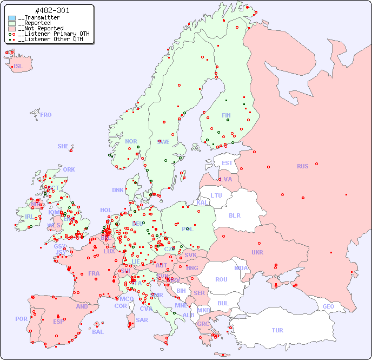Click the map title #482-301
(52, 11)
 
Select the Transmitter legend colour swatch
(12, 18)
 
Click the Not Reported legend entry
(41, 28)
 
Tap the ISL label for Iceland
(18, 67)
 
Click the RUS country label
(302, 166)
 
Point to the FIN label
(226, 115)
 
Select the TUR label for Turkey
(277, 330)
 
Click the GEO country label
(328, 306)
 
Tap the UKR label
(257, 252)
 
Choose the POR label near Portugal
(21, 319)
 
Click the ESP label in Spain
(58, 321)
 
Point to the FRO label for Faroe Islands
(46, 115)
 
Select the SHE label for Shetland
(63, 146)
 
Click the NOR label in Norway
(131, 141)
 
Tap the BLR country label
(234, 215)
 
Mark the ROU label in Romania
(221, 279)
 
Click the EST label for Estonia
(227, 163)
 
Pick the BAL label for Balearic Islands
(97, 332)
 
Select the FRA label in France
(94, 273)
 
